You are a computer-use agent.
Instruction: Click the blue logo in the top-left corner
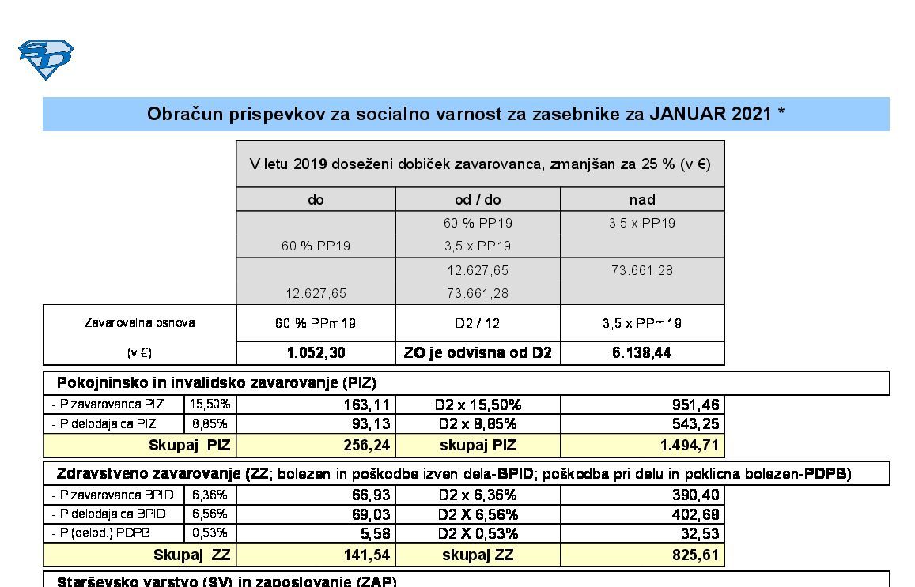pos(46,59)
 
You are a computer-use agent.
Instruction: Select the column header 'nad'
pos(641,199)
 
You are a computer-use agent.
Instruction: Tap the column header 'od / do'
pos(477,199)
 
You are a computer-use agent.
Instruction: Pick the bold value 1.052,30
pos(315,353)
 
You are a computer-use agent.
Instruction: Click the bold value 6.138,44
pos(641,353)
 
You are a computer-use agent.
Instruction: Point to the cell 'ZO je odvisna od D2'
pos(477,353)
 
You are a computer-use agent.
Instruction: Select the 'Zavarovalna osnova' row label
pos(139,322)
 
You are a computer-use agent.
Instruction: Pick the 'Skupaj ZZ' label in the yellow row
pos(191,555)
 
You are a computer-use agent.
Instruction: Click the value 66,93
pos(371,495)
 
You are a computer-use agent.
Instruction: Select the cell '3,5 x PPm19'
pos(641,323)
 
